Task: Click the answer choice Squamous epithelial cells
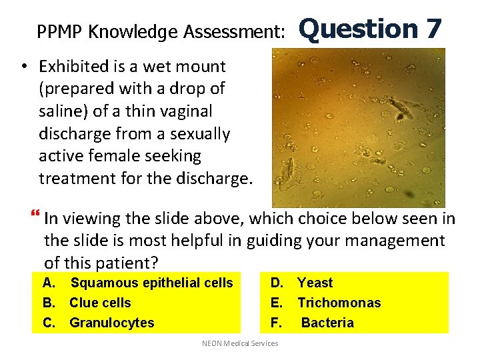pyautogui.click(x=152, y=283)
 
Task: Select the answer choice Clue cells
pyautogui.click(x=100, y=303)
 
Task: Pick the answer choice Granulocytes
pyautogui.click(x=111, y=323)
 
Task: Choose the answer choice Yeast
pyautogui.click(x=315, y=283)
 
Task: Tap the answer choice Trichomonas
pyautogui.click(x=339, y=303)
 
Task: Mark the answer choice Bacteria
pyautogui.click(x=327, y=323)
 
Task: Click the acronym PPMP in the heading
pyautogui.click(x=60, y=31)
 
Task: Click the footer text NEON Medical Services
pyautogui.click(x=240, y=343)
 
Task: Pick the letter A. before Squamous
pyautogui.click(x=49, y=283)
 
